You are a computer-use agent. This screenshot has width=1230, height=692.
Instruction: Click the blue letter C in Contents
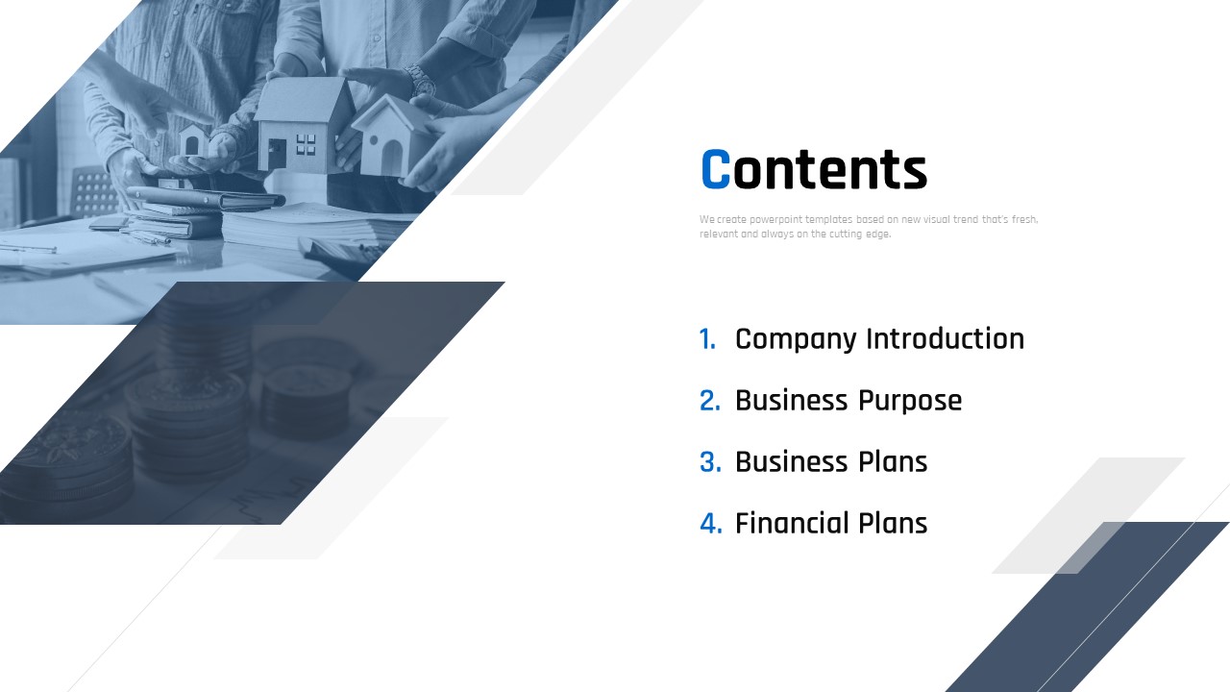pyautogui.click(x=716, y=169)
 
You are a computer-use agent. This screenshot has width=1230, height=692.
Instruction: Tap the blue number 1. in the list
pyautogui.click(x=707, y=339)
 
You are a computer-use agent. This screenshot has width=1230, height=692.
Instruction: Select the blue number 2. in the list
pyautogui.click(x=710, y=401)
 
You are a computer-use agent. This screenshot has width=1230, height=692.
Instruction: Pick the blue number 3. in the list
pyautogui.click(x=710, y=462)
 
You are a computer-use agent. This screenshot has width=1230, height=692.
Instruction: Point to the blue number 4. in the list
pyautogui.click(x=711, y=524)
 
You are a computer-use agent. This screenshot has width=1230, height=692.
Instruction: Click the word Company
pyautogui.click(x=796, y=340)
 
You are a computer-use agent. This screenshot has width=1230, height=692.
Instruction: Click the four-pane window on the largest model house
pyautogui.click(x=306, y=144)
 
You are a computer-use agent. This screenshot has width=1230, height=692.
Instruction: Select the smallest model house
pyautogui.click(x=193, y=140)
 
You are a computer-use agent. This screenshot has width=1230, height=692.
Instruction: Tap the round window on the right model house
pyautogui.click(x=374, y=140)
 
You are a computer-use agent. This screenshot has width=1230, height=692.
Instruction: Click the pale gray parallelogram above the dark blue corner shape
pyautogui.click(x=1089, y=515)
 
